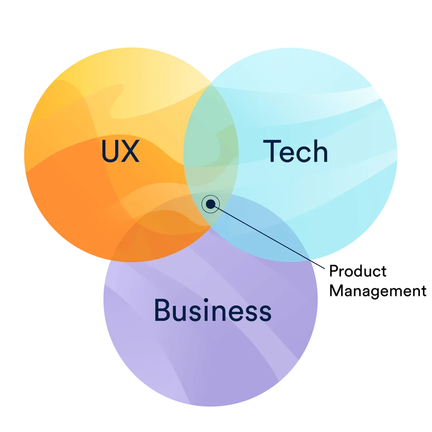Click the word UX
(x=121, y=151)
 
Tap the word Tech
(x=296, y=151)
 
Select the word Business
(x=212, y=310)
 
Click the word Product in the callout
(x=358, y=271)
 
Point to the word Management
(x=378, y=291)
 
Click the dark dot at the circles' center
(x=210, y=204)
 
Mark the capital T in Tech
(x=271, y=151)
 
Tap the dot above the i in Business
(x=206, y=300)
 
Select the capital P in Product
(x=334, y=271)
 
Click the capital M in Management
(x=336, y=290)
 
